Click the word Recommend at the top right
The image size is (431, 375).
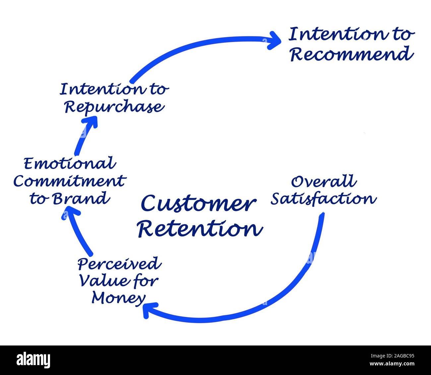click(x=351, y=54)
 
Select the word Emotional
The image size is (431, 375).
click(x=70, y=163)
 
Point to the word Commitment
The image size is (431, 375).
click(x=69, y=181)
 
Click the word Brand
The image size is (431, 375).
click(x=81, y=199)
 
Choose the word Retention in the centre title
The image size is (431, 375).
click(x=200, y=229)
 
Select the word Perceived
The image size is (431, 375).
click(x=119, y=264)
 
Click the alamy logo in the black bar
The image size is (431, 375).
click(x=33, y=360)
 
